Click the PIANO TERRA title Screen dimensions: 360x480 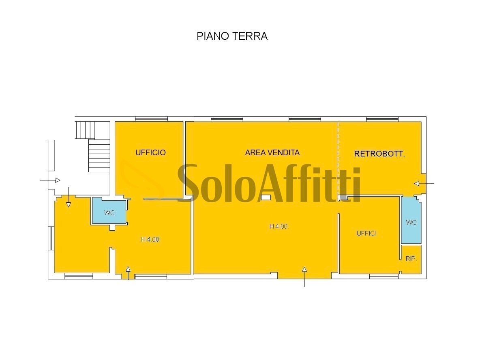[232, 36]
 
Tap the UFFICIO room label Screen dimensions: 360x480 [150, 152]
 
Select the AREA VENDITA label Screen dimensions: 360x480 [272, 152]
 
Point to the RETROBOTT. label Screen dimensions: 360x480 [380, 154]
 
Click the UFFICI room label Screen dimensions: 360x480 [366, 233]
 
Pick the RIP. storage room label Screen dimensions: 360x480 [411, 259]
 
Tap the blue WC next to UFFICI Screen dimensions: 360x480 [411, 222]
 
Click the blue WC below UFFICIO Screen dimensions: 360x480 [109, 212]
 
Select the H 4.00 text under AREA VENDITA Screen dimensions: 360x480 [279, 226]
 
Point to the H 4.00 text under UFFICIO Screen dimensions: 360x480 [150, 239]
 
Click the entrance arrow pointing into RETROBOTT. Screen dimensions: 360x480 [423, 184]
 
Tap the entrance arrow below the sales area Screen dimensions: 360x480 [304, 276]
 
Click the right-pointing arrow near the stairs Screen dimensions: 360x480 [51, 180]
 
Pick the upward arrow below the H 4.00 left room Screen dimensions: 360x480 [128, 274]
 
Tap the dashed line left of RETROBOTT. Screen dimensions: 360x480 [338, 158]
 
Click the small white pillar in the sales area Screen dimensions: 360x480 [266, 197]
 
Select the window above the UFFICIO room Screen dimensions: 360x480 [151, 119]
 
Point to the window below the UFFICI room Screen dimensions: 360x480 [384, 276]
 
